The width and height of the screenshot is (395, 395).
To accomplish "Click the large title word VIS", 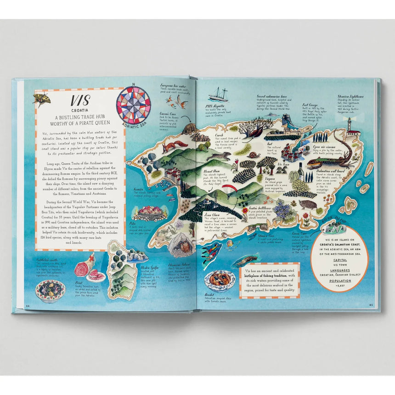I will [80, 101].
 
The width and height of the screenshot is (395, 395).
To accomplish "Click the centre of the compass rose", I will [133, 105].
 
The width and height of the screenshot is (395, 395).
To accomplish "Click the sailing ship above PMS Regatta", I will [219, 95].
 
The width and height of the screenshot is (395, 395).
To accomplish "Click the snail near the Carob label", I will [250, 154].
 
